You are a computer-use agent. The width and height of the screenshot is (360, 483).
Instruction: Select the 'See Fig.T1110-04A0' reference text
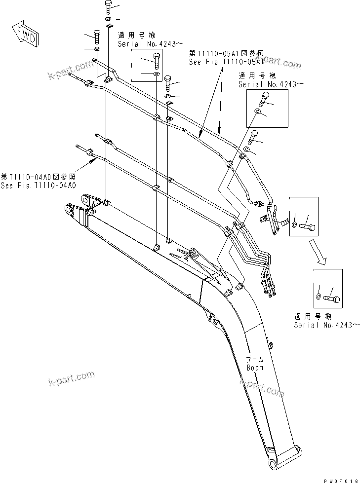pos(38,186)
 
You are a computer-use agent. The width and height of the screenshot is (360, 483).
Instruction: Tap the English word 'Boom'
pos(255,368)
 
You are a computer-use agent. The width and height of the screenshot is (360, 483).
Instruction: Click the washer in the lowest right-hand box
pos(319,296)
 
